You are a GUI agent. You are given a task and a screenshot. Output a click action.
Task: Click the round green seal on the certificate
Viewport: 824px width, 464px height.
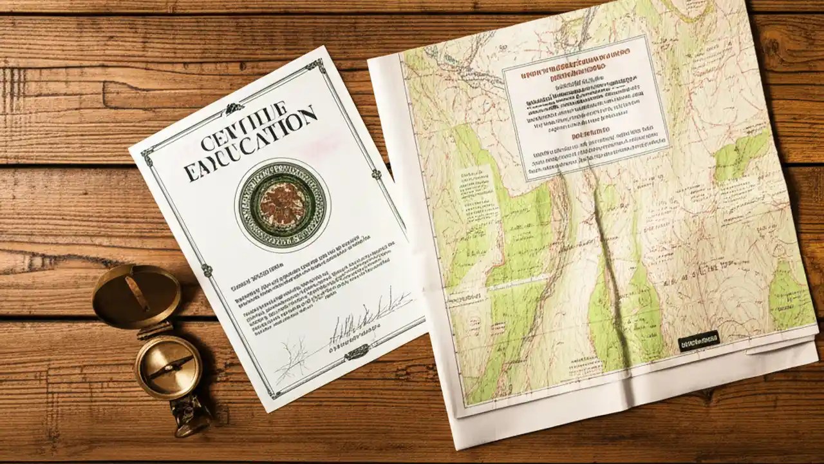click(x=281, y=205)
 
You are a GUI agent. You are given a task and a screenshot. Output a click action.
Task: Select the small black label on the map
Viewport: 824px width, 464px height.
click(x=698, y=340)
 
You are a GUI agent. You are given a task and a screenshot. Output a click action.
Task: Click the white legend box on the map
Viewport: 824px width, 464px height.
click(x=586, y=106)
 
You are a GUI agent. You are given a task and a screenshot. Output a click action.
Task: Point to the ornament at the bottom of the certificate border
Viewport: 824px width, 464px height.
click(x=356, y=353)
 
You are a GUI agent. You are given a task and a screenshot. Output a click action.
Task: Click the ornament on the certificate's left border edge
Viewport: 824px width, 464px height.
click(x=207, y=270)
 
